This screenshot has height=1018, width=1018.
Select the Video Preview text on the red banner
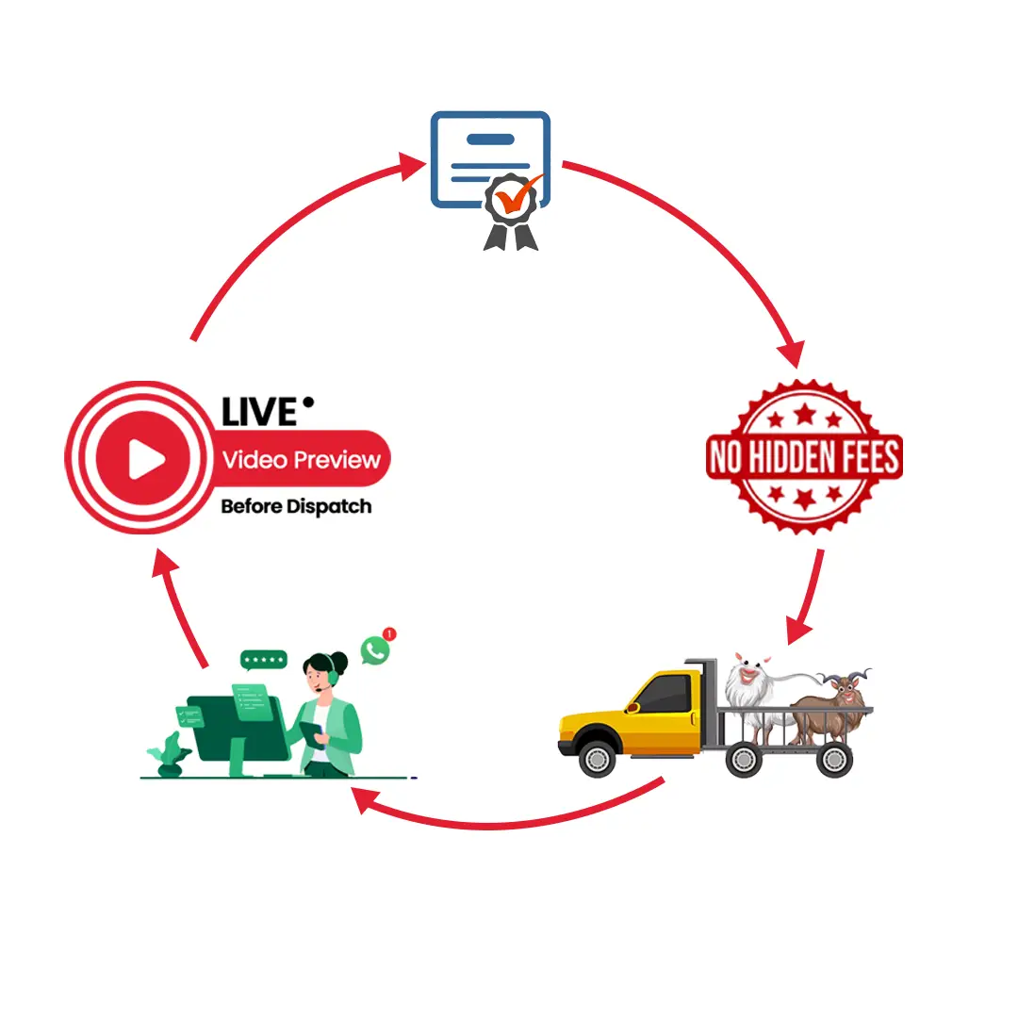tap(302, 460)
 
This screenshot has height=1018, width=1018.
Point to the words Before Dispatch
tap(296, 506)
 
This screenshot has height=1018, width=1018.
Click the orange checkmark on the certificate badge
tap(516, 196)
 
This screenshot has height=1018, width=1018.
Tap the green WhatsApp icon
tap(375, 649)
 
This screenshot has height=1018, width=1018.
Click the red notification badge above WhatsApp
tap(390, 634)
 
